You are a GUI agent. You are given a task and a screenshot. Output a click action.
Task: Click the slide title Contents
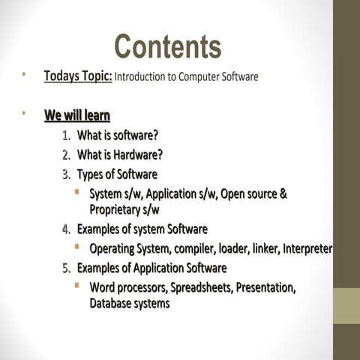[167, 46]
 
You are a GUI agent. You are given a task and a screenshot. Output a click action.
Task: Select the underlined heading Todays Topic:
[78, 76]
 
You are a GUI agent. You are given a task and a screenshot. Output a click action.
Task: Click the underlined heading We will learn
[77, 115]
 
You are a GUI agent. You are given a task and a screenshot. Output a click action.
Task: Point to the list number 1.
[66, 136]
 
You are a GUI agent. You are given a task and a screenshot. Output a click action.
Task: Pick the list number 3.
[66, 175]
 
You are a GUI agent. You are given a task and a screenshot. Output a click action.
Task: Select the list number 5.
[66, 268]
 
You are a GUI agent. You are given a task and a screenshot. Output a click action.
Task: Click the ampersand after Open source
[283, 194]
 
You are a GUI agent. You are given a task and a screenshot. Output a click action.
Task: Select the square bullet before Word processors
[77, 286]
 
